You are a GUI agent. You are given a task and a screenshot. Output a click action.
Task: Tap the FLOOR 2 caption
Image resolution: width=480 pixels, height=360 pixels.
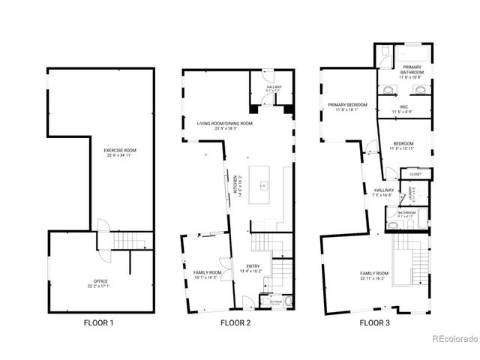[235, 323]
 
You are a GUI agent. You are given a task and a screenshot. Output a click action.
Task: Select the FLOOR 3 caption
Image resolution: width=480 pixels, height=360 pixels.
[374, 323]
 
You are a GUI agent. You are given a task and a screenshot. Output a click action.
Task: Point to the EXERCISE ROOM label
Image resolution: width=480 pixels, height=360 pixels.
[120, 151]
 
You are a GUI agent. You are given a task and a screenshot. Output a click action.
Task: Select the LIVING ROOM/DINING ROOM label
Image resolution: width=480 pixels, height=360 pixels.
[225, 123]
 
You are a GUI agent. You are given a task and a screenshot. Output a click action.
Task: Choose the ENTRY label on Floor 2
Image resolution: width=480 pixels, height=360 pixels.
[250, 265]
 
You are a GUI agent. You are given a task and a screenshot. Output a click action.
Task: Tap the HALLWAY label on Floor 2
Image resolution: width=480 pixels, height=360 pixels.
[274, 87]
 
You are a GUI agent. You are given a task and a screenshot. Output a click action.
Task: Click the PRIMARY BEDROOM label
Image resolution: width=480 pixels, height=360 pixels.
[347, 104]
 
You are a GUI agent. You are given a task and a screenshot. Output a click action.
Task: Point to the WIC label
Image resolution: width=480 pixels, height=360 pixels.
[403, 107]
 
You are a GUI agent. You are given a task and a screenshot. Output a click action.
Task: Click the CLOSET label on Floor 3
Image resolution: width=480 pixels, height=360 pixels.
[415, 174]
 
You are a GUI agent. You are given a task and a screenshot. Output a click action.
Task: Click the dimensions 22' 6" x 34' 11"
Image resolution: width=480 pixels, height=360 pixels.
[120, 156]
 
